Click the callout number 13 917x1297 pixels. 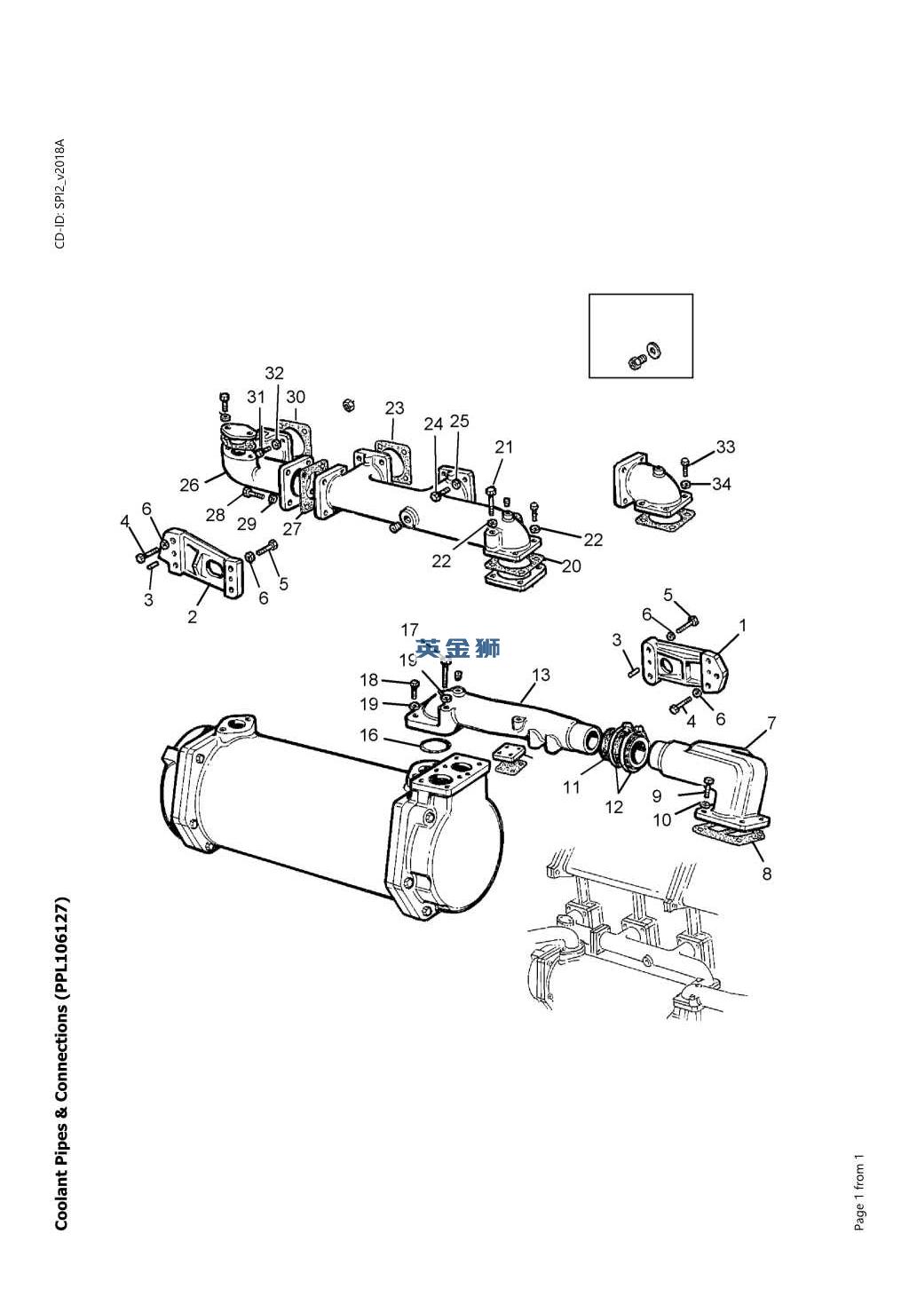click(x=541, y=675)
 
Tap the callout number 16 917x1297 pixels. click(x=368, y=735)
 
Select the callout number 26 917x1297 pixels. click(x=189, y=485)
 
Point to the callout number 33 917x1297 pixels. click(x=725, y=447)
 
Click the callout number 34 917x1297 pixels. click(x=722, y=484)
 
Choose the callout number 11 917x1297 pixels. click(x=572, y=787)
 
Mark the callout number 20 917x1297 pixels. click(x=572, y=565)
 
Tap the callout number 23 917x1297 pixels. click(x=395, y=407)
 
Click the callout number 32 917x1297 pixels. click(x=274, y=373)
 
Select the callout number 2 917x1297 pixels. click(x=193, y=617)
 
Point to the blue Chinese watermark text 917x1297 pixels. click(x=458, y=648)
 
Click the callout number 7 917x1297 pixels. click(x=771, y=722)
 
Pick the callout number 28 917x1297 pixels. click(x=216, y=514)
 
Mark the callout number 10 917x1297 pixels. click(x=662, y=819)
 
